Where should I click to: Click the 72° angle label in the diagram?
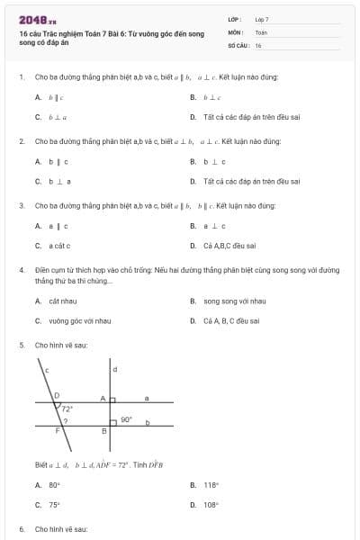click(x=67, y=408)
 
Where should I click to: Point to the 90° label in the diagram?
click(x=126, y=418)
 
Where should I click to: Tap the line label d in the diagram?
click(x=114, y=369)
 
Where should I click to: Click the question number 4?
click(x=21, y=269)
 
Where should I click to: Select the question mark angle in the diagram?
click(x=64, y=419)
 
